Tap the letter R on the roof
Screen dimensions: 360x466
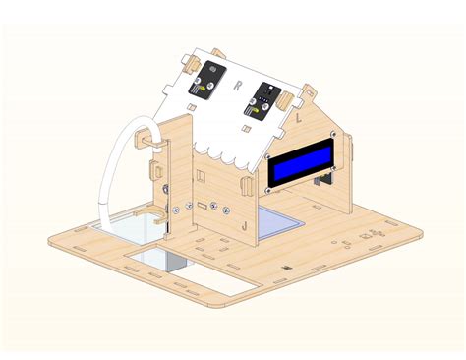239,86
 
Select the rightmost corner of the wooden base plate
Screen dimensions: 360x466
422,232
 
